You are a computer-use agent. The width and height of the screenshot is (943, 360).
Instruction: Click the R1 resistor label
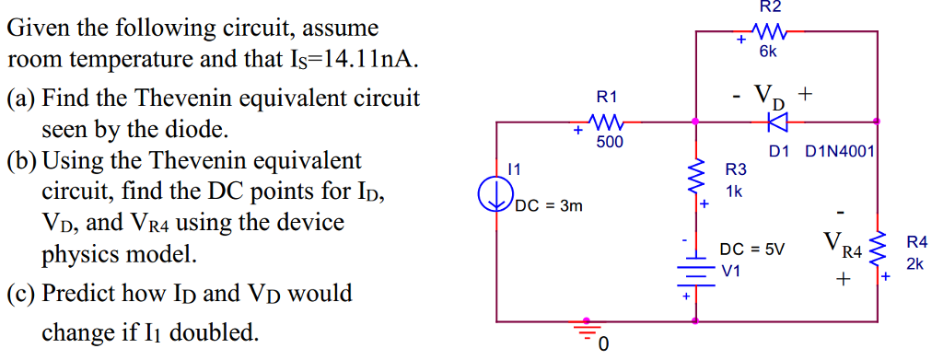tap(607, 96)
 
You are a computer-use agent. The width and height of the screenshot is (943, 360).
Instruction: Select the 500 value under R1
tap(609, 142)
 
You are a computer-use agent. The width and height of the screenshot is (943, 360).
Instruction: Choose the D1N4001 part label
tap(841, 151)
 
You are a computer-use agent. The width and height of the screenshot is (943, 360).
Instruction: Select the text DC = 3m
tap(549, 206)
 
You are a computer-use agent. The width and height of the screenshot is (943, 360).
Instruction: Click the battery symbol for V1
tap(695, 272)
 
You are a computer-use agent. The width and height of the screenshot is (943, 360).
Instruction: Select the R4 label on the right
tap(917, 243)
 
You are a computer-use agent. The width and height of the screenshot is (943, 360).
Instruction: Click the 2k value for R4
tap(914, 264)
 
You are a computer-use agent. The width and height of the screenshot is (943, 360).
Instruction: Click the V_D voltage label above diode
tap(772, 94)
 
